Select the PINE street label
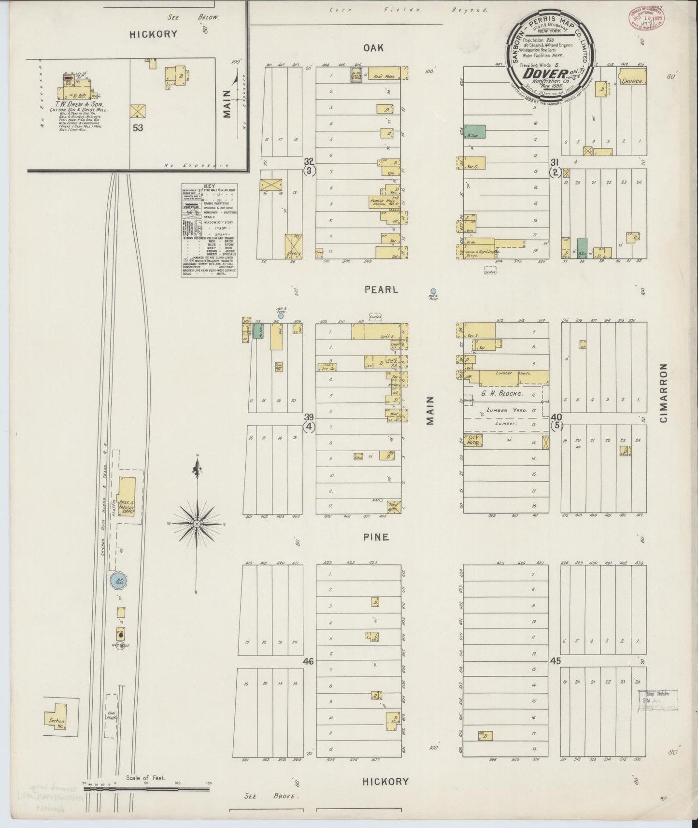click(x=377, y=537)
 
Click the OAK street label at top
click(x=373, y=47)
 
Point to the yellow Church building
click(x=632, y=81)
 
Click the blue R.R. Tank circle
click(x=117, y=581)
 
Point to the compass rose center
click(x=197, y=523)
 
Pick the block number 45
click(x=556, y=661)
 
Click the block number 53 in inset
click(x=139, y=128)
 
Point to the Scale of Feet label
click(x=145, y=778)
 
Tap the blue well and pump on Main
click(x=433, y=291)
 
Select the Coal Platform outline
click(x=111, y=715)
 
